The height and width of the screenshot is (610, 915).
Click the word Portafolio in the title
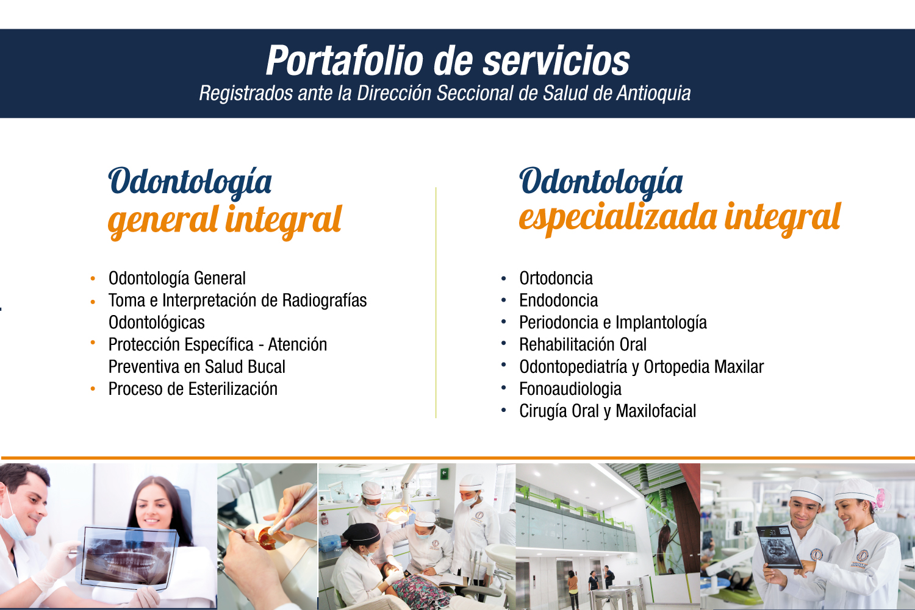(345, 61)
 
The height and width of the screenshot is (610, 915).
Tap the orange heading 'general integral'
(224, 221)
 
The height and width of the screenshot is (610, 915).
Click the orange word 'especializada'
(618, 219)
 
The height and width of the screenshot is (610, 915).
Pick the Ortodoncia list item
(556, 278)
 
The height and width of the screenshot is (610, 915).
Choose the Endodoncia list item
(558, 300)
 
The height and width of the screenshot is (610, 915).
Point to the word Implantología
(661, 323)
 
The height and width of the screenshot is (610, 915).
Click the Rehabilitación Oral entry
(583, 344)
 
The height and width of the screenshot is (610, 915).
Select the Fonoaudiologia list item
(570, 389)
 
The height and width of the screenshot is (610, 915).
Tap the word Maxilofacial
(656, 411)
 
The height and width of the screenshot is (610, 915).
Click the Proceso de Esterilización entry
(193, 389)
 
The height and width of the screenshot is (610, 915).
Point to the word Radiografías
(325, 300)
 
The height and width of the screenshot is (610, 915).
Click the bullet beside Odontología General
(93, 279)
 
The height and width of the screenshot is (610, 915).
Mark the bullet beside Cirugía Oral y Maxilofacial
(504, 410)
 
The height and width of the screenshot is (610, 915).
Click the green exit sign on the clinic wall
(445, 473)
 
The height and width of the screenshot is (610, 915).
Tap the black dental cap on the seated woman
(362, 533)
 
